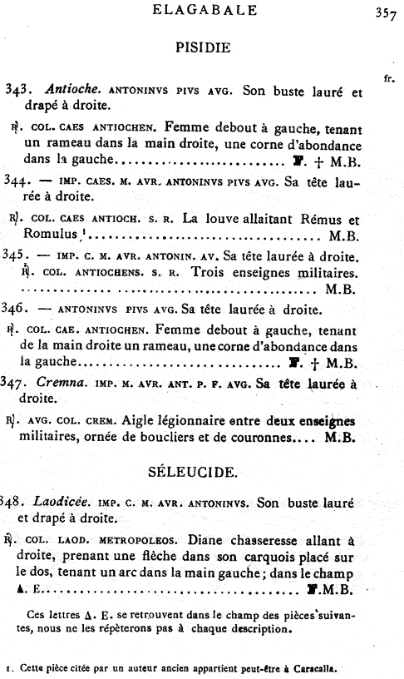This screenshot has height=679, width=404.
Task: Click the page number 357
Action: [x=385, y=12]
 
